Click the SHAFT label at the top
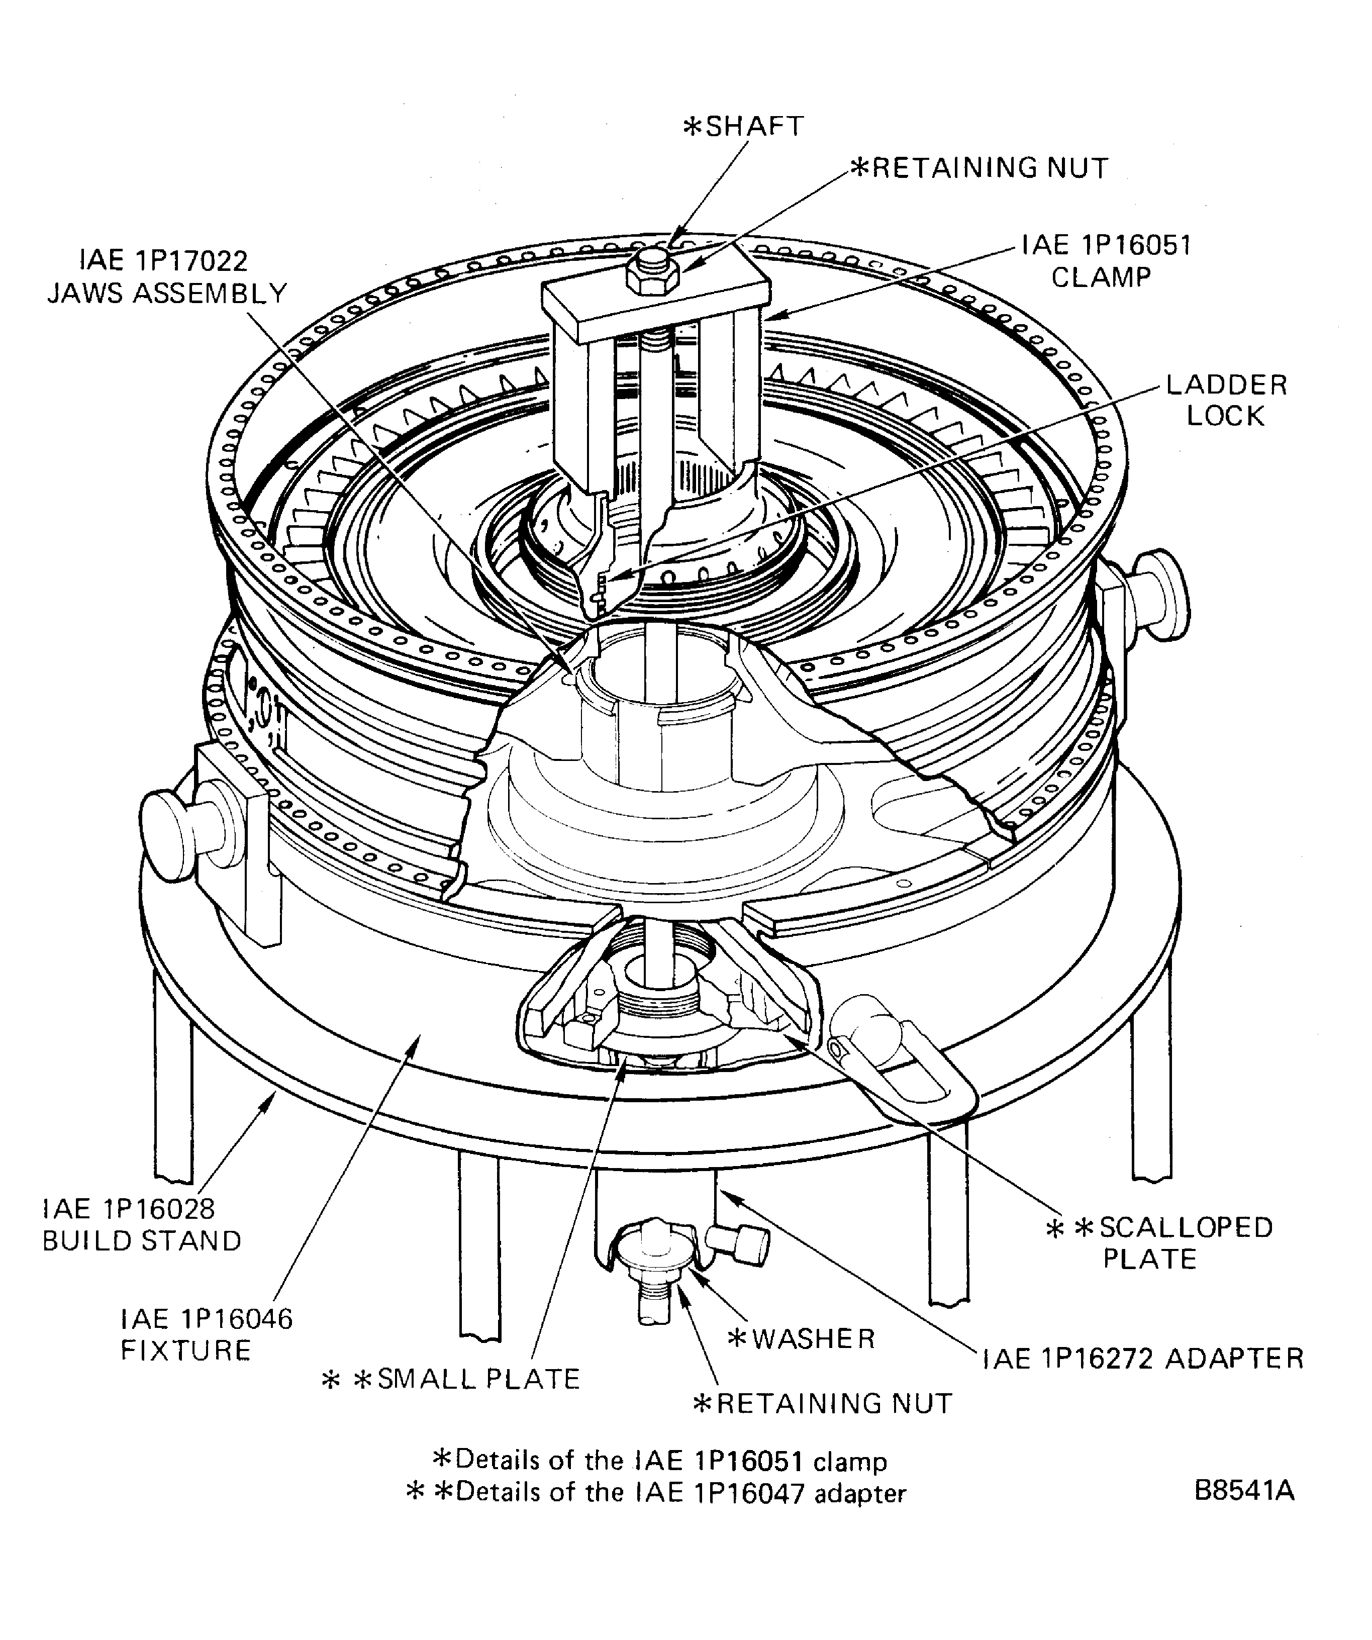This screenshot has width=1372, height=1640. coord(743,127)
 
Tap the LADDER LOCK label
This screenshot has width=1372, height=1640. coord(1225,400)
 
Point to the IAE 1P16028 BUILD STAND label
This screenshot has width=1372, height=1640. coord(141,1224)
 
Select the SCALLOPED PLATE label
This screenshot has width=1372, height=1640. coord(1159,1242)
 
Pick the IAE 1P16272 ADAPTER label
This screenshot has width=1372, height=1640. coord(1142,1359)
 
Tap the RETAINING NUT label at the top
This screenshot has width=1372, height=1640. coord(979,168)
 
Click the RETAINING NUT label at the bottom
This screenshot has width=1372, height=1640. coord(823,1403)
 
